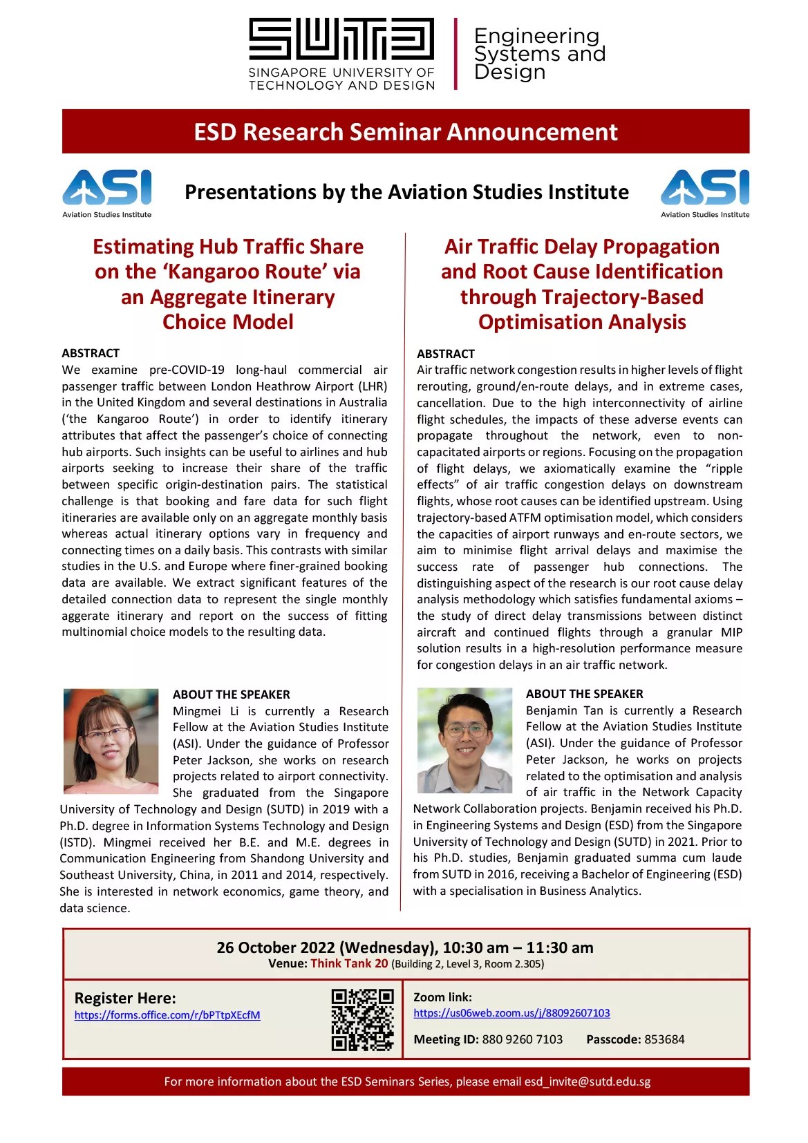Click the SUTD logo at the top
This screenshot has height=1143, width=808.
pos(341,54)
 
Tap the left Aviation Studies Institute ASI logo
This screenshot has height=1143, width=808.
pos(107,193)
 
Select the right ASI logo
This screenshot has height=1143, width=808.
pos(705,193)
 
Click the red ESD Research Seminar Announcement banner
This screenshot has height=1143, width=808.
pos(406,131)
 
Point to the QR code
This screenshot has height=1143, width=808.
pos(362,1019)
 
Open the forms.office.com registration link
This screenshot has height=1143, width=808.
pos(167,1015)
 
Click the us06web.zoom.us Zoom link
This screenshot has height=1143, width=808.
pos(511,1013)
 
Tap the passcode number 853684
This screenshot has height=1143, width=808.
pos(664,1039)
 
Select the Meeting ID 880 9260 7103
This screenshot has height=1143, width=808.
pos(522,1039)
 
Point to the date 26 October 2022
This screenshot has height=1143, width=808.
pos(276,947)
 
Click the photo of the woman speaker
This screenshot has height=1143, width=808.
pos(111,741)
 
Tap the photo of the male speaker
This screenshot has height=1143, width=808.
pos(464,740)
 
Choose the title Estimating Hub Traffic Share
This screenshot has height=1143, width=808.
pos(228,247)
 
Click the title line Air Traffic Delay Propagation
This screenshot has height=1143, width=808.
pos(582,247)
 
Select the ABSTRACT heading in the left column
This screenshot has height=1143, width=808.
pos(91,353)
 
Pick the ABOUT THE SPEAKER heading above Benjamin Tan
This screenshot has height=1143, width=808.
pos(584,694)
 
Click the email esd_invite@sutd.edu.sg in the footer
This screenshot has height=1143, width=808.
pos(588,1081)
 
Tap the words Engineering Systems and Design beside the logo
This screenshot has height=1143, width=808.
pos(539,54)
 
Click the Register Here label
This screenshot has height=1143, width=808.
pos(125,998)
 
